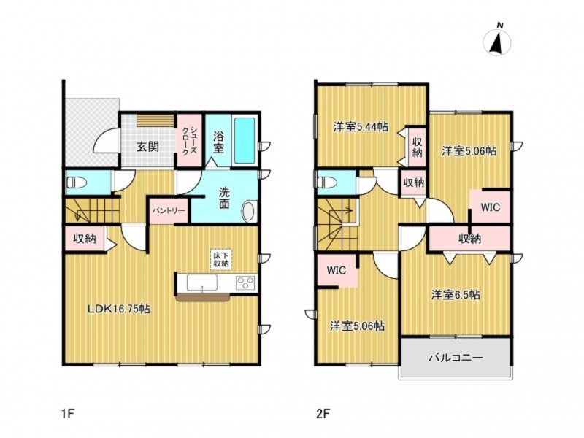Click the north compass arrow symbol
pyautogui.click(x=497, y=41)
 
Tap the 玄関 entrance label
pyautogui.click(x=148, y=147)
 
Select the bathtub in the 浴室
pyautogui.click(x=245, y=140)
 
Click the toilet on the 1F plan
pyautogui.click(x=76, y=182)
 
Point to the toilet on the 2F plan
pyautogui.click(x=326, y=182)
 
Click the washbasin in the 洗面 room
pyautogui.click(x=249, y=212)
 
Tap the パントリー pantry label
pyautogui.click(x=169, y=211)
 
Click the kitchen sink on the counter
pyautogui.click(x=202, y=284)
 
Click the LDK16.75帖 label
pyautogui.click(x=119, y=308)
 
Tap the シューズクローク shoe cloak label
pyautogui.click(x=189, y=140)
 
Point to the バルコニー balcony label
pyautogui.click(x=456, y=358)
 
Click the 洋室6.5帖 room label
pyautogui.click(x=456, y=295)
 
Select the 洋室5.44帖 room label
pyautogui.click(x=361, y=127)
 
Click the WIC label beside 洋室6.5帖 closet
pyautogui.click(x=490, y=207)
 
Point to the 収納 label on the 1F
pyautogui.click(x=85, y=239)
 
